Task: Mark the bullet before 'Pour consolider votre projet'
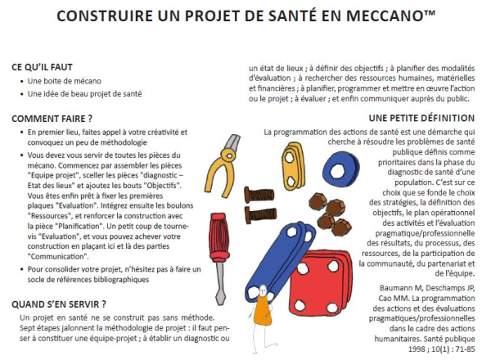tap(19, 269)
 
